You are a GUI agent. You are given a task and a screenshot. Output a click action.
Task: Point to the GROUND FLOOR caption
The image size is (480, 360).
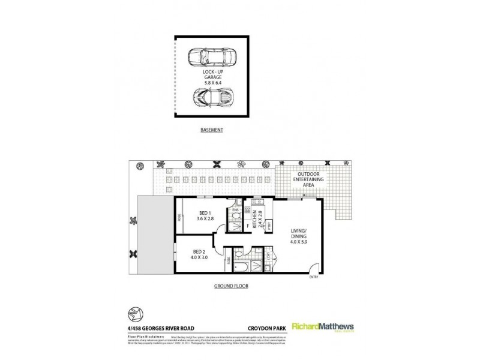point(231,286)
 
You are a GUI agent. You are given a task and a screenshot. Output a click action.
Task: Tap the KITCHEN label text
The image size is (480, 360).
point(254,215)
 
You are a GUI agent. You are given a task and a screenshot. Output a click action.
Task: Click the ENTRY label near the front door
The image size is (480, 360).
point(314,277)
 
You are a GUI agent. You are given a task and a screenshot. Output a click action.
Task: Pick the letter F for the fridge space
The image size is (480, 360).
point(248,227)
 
